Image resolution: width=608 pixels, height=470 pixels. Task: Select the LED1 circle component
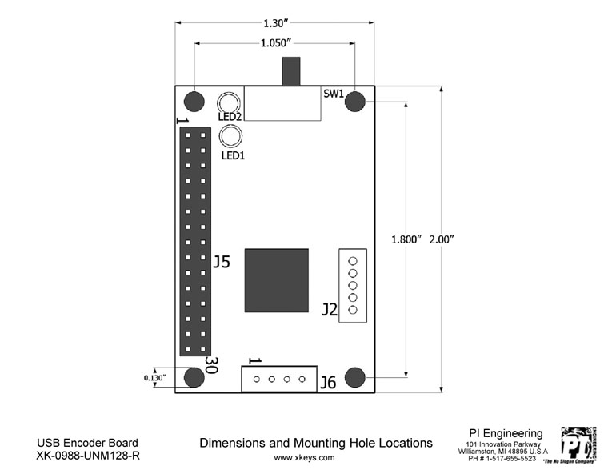coord(232,137)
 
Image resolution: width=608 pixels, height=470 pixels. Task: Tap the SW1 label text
coord(334,93)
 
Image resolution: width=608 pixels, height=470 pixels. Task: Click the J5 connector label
coord(222,262)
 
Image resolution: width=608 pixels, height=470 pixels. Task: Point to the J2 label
coord(328,309)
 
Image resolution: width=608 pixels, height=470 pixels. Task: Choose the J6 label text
coord(327,383)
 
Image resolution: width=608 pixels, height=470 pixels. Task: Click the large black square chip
coord(276,280)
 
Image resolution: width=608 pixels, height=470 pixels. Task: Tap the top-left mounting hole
coord(194,102)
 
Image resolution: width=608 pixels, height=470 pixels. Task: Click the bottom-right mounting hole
coord(355,377)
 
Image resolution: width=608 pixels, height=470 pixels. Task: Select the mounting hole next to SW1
coord(355,102)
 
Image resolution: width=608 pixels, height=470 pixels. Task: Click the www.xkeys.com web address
coord(304,458)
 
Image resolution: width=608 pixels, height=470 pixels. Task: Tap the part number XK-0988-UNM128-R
coord(87,456)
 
